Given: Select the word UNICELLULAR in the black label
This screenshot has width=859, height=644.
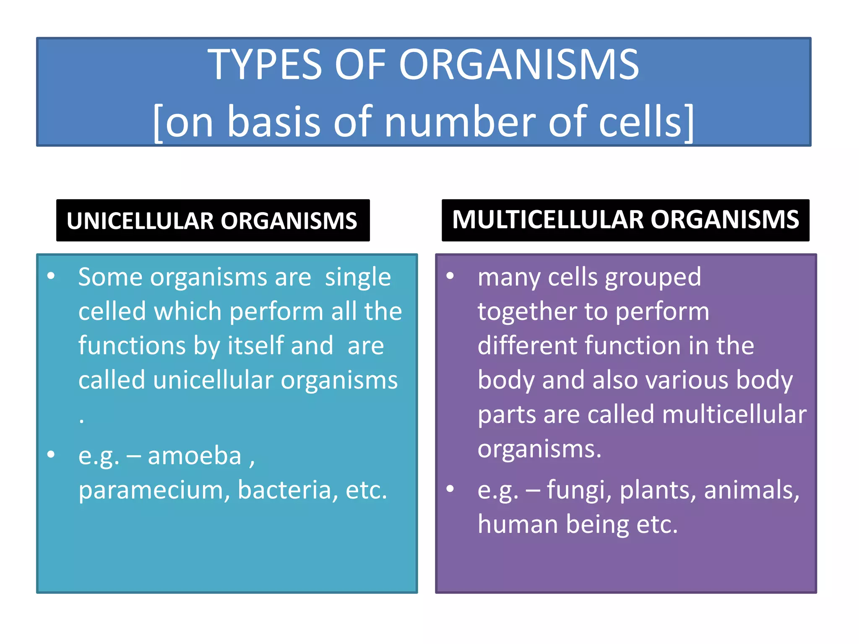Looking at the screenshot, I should pos(140,221).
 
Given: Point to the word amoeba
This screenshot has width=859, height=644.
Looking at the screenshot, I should pos(195,456).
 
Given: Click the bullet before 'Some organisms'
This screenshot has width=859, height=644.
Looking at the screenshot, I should pos(51,276).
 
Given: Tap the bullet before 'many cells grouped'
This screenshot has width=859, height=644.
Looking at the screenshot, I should pos(450,276).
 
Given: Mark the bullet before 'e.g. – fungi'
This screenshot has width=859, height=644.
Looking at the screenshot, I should pos(450,488).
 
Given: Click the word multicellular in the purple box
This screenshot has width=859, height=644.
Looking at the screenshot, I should pos(734,415).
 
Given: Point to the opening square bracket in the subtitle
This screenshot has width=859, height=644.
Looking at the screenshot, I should pos(158,123).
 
